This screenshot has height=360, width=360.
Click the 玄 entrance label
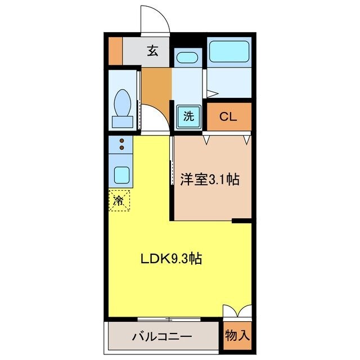click(x=152, y=51)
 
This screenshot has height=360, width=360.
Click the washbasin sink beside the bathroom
click(x=186, y=57)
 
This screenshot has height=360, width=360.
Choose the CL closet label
click(x=228, y=117)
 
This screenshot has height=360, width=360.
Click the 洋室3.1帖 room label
click(x=210, y=180)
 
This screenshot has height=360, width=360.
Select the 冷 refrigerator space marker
click(x=119, y=200)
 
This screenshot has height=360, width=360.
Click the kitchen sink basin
click(x=121, y=175)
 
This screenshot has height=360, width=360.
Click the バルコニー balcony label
click(x=162, y=337)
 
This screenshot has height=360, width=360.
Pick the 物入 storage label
click(x=237, y=336)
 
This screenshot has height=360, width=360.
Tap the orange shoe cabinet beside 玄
click(x=115, y=50)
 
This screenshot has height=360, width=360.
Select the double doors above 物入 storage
click(x=237, y=312)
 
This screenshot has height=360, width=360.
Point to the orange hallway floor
click(x=156, y=84)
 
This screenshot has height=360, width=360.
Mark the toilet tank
click(x=122, y=121)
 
